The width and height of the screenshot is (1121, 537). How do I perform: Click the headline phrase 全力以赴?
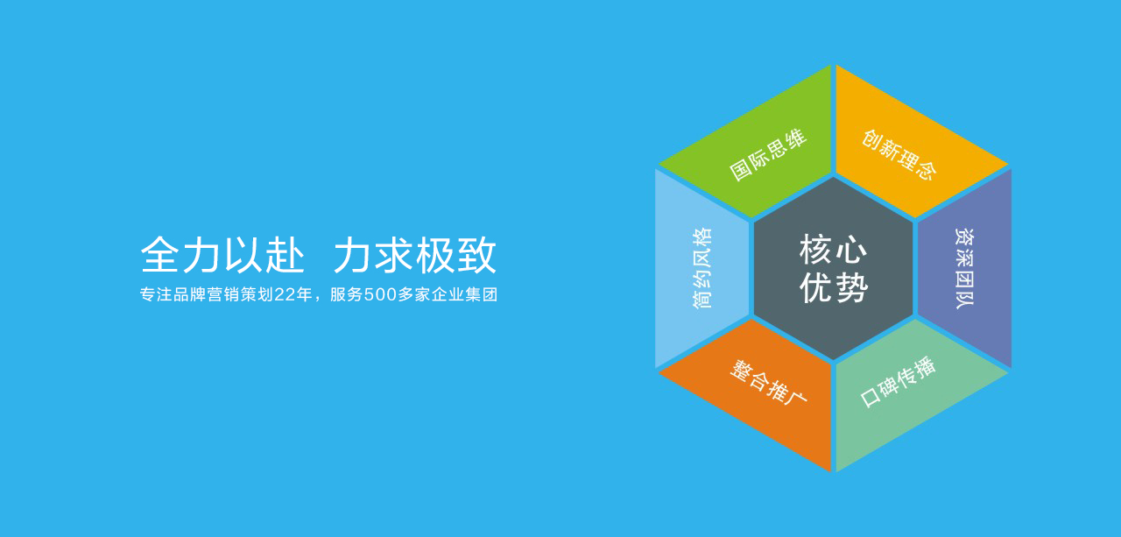click(x=222, y=255)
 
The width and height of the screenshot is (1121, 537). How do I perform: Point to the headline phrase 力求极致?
click(x=415, y=255)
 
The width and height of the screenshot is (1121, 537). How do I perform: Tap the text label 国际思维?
click(x=768, y=155)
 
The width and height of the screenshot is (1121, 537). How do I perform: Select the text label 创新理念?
click(x=899, y=155)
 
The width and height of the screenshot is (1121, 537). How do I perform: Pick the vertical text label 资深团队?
click(x=965, y=268)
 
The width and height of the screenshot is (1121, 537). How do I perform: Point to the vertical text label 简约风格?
click(x=702, y=268)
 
